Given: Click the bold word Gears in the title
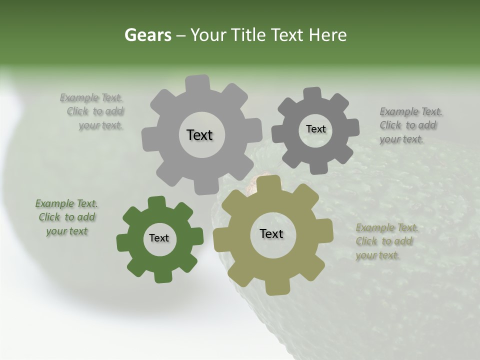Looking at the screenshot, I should [x=147, y=35].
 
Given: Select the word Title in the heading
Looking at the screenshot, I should [x=249, y=35].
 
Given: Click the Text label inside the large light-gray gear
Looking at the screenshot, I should [x=199, y=135].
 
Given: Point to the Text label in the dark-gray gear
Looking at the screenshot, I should [x=315, y=129].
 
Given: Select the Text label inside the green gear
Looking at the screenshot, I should [x=159, y=238].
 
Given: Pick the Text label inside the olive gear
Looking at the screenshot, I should [x=271, y=233].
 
